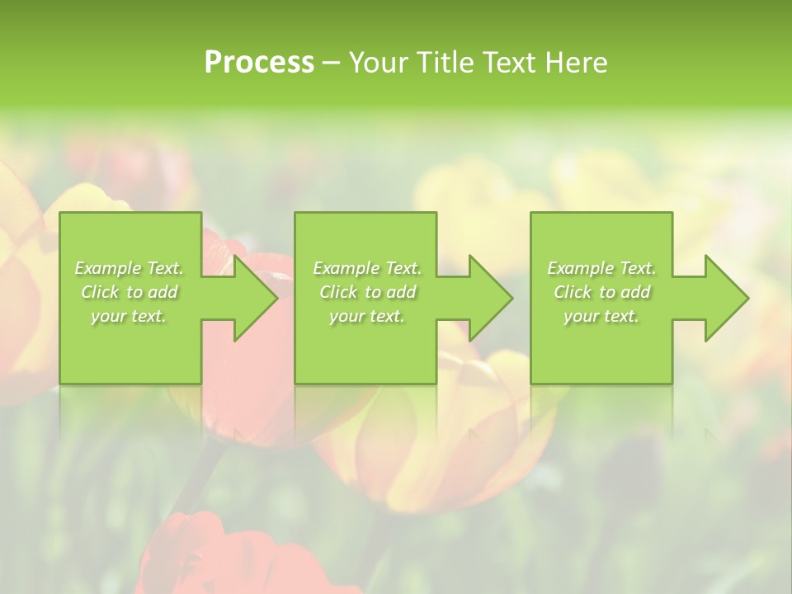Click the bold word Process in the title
(x=259, y=63)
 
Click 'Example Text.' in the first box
(x=130, y=268)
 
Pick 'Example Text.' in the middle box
(x=367, y=268)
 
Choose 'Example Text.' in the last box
(x=601, y=268)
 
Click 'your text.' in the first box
(x=130, y=316)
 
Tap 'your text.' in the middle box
(x=367, y=316)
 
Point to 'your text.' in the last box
(x=601, y=316)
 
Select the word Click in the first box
(x=100, y=292)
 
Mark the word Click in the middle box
(x=338, y=292)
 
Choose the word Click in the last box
(x=573, y=292)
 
